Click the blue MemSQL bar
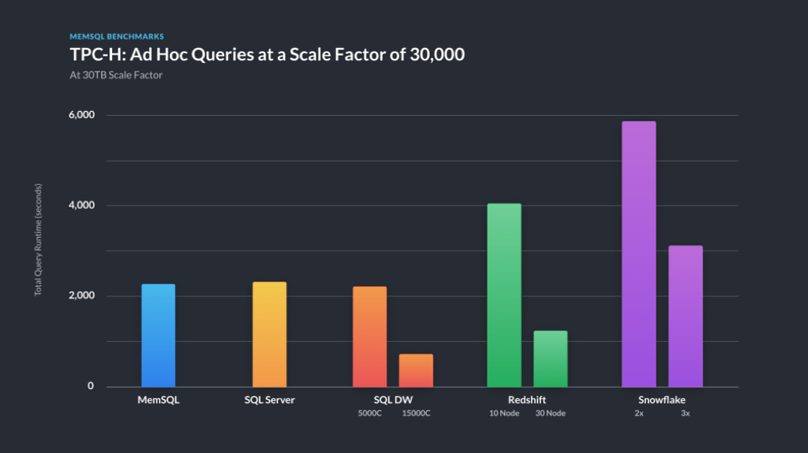(158, 335)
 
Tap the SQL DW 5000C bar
(369, 337)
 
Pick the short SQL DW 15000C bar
(416, 371)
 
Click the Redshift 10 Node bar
(504, 295)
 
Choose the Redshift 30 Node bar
(550, 359)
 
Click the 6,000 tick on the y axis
(81, 115)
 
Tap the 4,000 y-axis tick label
(81, 206)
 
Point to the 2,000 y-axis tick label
(81, 296)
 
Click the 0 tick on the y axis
(91, 387)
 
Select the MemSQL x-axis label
(158, 400)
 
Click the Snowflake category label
(662, 400)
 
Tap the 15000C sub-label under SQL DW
(416, 413)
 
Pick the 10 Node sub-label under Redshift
(504, 413)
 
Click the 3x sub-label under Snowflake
(685, 413)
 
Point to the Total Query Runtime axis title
(38, 240)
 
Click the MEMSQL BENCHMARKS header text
(116, 37)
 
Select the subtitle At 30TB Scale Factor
(115, 75)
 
